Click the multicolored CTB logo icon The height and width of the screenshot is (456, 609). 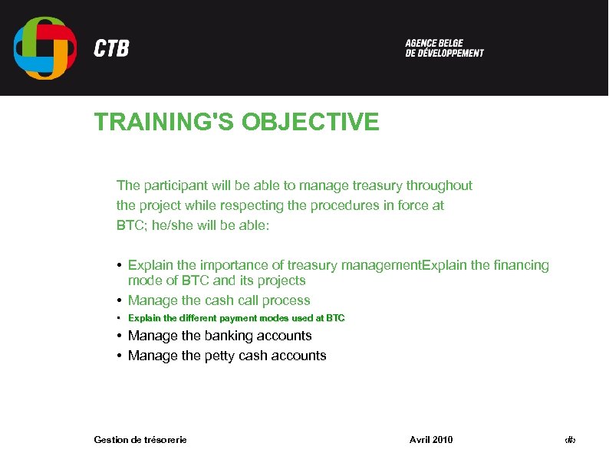pos(45,48)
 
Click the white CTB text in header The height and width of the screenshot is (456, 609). pos(111,49)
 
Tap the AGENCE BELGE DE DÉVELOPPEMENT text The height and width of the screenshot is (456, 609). pos(444,48)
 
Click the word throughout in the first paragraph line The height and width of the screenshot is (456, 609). pos(439,185)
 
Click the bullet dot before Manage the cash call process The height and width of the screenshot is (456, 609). pos(120,300)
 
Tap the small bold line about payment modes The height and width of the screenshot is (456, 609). pos(235,318)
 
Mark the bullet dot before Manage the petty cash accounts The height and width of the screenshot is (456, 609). pos(120,356)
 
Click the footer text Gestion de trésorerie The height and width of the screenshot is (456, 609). pos(140,439)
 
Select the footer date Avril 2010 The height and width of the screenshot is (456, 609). pos(431,439)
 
